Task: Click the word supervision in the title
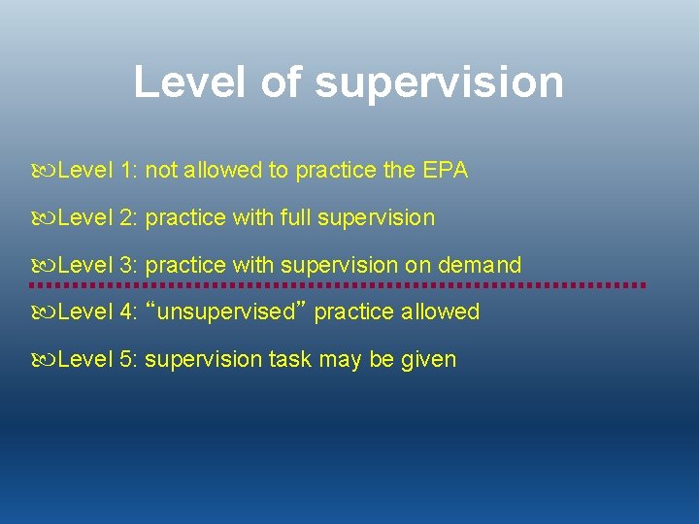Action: [439, 82]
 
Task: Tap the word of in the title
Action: [282, 82]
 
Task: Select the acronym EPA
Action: [445, 171]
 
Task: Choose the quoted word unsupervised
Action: [225, 311]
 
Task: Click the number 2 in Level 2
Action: [128, 217]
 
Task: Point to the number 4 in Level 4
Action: [128, 311]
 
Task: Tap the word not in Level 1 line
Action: [161, 171]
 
